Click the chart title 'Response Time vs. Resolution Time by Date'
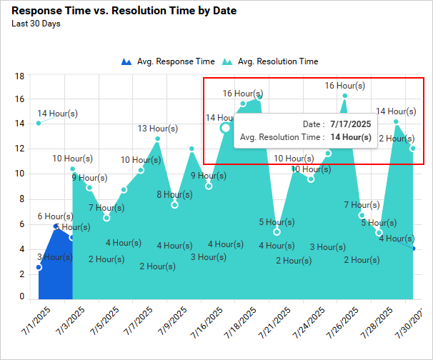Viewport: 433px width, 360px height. pos(124,11)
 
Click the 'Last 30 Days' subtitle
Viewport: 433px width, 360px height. pos(36,24)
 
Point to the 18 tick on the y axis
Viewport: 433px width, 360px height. pos(20,76)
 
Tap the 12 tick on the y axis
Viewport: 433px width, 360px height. pos(20,149)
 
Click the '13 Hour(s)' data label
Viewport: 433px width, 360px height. pos(158,129)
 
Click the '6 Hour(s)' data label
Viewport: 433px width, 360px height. pos(55,216)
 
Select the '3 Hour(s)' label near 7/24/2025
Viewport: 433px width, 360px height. pos(327,247)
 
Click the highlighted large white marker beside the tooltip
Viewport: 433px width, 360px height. pos(226,128)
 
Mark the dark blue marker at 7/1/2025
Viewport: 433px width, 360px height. pos(39,267)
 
